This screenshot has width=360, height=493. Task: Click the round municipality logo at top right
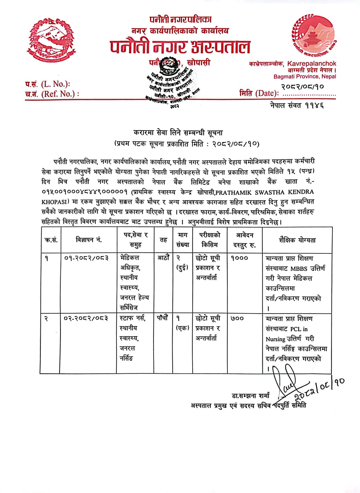[313, 35]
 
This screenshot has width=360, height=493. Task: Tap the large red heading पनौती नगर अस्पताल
[180, 47]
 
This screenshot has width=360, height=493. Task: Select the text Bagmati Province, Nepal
[305, 77]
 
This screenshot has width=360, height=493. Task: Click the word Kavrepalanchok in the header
[312, 64]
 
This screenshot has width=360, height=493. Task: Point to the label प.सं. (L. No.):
[48, 84]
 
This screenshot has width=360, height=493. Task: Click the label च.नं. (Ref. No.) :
[52, 94]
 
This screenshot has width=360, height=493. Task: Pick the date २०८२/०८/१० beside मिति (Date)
[302, 87]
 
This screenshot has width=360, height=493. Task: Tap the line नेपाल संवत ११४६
[297, 106]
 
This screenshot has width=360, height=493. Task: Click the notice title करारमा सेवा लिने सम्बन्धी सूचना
[178, 133]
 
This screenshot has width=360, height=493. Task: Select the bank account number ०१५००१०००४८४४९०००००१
[84, 192]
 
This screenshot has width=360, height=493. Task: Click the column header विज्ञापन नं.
[89, 240]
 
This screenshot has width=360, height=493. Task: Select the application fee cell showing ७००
[237, 318]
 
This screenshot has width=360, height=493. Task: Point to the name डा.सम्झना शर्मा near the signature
[251, 396]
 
